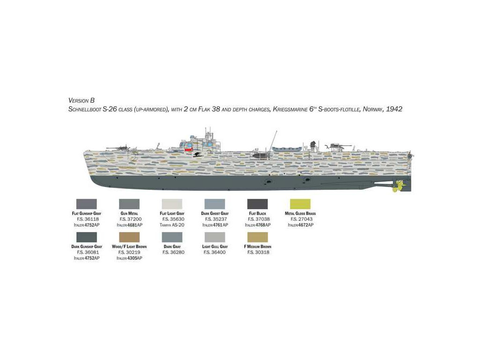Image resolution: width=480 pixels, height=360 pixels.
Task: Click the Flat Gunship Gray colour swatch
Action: tap(86, 204)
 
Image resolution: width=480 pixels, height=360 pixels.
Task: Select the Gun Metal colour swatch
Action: tap(129, 204)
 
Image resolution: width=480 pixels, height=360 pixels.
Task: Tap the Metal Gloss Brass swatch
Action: tap(300, 204)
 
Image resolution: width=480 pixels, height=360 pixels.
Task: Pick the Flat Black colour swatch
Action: tap(257, 204)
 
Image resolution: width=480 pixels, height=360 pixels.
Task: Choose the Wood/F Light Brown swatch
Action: tap(129, 237)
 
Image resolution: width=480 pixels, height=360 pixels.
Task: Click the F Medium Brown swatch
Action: tap(257, 237)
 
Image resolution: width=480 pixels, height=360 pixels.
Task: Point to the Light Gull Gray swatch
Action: tap(215, 237)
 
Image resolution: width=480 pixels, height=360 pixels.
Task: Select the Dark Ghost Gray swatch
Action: tap(215, 204)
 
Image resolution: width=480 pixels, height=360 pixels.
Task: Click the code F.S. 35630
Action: tap(172, 219)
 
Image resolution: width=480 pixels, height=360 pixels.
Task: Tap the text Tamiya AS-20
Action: tap(172, 225)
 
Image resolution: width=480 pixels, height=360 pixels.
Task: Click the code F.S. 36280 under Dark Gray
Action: tap(172, 252)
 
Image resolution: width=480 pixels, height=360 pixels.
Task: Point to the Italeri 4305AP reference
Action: tap(129, 258)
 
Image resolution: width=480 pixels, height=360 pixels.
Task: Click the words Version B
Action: tap(82, 100)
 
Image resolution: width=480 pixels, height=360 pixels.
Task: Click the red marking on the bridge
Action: tap(189, 150)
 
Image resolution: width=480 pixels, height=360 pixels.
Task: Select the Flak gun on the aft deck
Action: tap(336, 145)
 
